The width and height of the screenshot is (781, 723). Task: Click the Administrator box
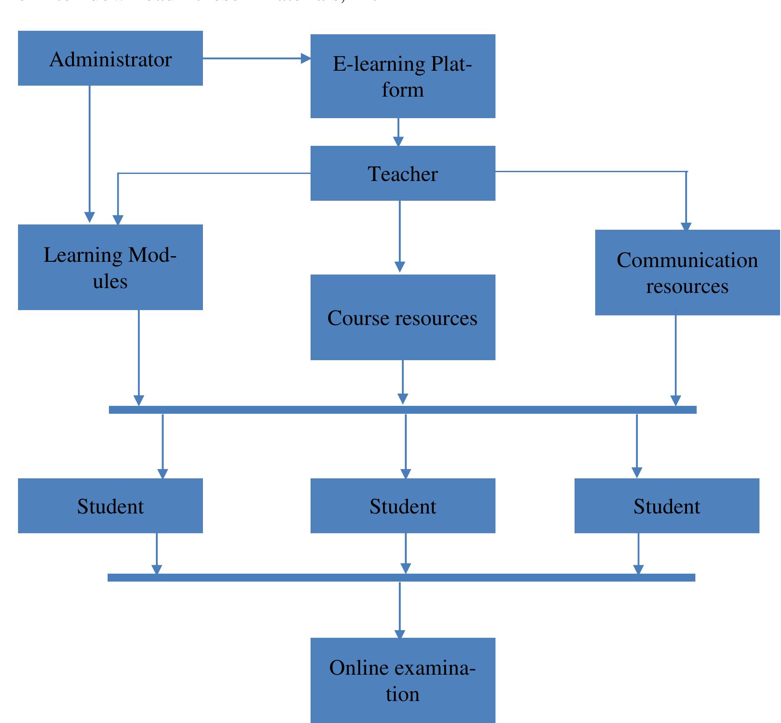(110, 58)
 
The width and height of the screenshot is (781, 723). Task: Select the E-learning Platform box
(403, 76)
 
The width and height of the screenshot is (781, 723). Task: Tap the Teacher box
(403, 174)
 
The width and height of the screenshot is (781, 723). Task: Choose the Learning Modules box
(110, 267)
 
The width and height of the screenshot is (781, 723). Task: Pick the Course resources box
(403, 317)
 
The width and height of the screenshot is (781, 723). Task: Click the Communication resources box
(687, 272)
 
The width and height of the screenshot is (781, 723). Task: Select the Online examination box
(403, 680)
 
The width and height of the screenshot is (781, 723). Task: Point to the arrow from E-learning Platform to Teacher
(398, 132)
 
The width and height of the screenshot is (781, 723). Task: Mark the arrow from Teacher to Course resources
(400, 237)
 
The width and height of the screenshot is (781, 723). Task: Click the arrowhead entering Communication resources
(686, 226)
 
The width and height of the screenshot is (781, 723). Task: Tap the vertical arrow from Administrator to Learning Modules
(90, 154)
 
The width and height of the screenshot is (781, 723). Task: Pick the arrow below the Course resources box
(403, 382)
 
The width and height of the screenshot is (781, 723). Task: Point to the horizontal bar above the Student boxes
(403, 410)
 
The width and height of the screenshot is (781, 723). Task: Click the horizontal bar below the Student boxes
(401, 578)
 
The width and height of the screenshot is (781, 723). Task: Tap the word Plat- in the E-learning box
(451, 64)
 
